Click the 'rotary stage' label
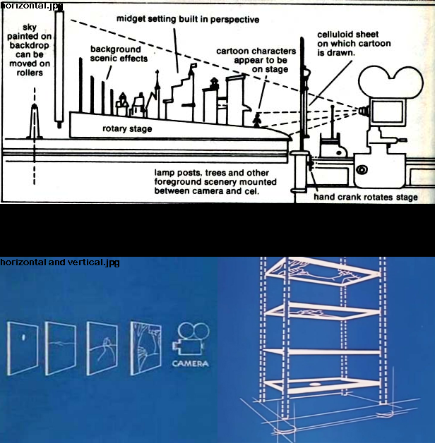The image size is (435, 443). [x=127, y=129]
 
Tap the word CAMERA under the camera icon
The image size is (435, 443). [x=191, y=363]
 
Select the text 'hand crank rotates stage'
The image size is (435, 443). [x=365, y=197]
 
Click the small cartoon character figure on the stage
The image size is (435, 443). [x=257, y=120]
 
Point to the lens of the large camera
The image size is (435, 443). [x=364, y=111]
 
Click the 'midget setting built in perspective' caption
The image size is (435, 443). [x=188, y=19]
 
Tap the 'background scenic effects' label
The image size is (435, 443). [x=119, y=54]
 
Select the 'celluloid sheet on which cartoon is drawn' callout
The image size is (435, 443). [x=354, y=44]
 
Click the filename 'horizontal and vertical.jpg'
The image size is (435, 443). [x=60, y=262]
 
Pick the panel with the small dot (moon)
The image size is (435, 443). [x=23, y=348]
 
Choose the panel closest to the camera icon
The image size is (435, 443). [x=145, y=348]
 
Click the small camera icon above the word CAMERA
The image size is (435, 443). [x=191, y=339]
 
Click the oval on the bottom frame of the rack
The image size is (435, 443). [x=314, y=384]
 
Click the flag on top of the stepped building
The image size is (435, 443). [x=194, y=66]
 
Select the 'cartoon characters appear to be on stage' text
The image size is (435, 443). [x=256, y=60]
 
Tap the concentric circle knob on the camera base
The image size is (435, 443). [x=362, y=170]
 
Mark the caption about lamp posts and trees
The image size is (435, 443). [x=215, y=182]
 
